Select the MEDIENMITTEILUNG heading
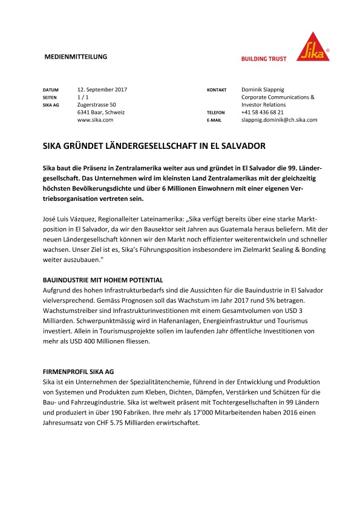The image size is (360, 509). click(x=76, y=57)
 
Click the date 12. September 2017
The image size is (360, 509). click(x=102, y=90)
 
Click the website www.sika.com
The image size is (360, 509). click(x=96, y=120)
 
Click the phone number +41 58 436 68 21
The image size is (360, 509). click(x=271, y=113)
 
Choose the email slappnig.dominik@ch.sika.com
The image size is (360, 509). click(x=280, y=120)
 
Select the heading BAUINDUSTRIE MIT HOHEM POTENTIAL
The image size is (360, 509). click(x=103, y=280)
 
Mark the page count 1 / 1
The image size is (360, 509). click(x=83, y=97)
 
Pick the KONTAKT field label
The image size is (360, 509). click(x=216, y=90)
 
